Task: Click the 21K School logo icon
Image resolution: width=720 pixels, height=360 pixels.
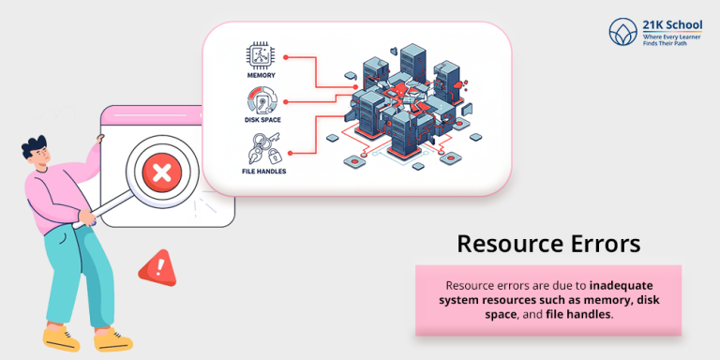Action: pyautogui.click(x=622, y=32)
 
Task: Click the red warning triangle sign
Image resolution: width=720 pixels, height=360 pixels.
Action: pyautogui.click(x=157, y=270)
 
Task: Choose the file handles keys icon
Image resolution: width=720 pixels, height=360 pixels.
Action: pyautogui.click(x=262, y=149)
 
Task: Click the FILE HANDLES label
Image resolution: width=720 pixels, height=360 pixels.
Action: pyautogui.click(x=262, y=172)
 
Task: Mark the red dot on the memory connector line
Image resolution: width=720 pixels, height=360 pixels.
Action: pyautogui.click(x=286, y=56)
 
